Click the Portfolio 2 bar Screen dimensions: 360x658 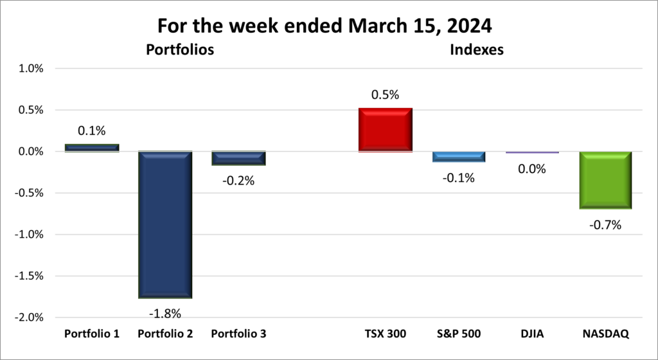click(x=165, y=225)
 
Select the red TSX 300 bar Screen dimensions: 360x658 click(x=386, y=130)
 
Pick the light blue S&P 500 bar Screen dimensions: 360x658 click(x=458, y=157)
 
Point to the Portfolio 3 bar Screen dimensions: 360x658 click(x=239, y=158)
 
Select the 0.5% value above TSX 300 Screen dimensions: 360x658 click(x=386, y=95)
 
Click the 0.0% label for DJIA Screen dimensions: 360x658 click(x=531, y=169)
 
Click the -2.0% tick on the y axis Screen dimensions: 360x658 click(x=28, y=318)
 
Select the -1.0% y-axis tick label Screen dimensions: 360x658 click(x=28, y=235)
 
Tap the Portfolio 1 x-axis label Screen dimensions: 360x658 click(x=92, y=334)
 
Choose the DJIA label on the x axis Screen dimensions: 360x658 click(x=531, y=334)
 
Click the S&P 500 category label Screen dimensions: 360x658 click(x=458, y=334)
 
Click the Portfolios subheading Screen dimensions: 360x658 click(x=179, y=49)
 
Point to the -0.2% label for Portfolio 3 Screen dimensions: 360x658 click(x=238, y=181)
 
